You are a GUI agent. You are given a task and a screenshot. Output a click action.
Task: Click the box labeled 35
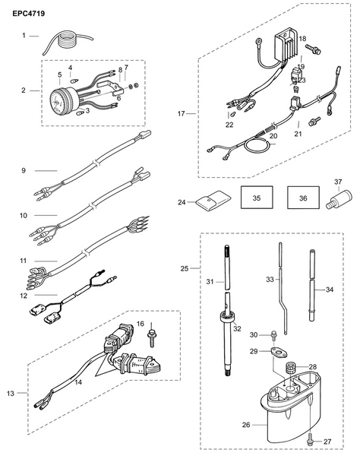[256, 198]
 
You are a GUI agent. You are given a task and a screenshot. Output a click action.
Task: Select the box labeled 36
[304, 198]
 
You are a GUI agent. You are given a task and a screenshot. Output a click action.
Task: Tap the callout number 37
[338, 182]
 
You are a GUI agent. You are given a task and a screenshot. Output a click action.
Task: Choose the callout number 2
[24, 90]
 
